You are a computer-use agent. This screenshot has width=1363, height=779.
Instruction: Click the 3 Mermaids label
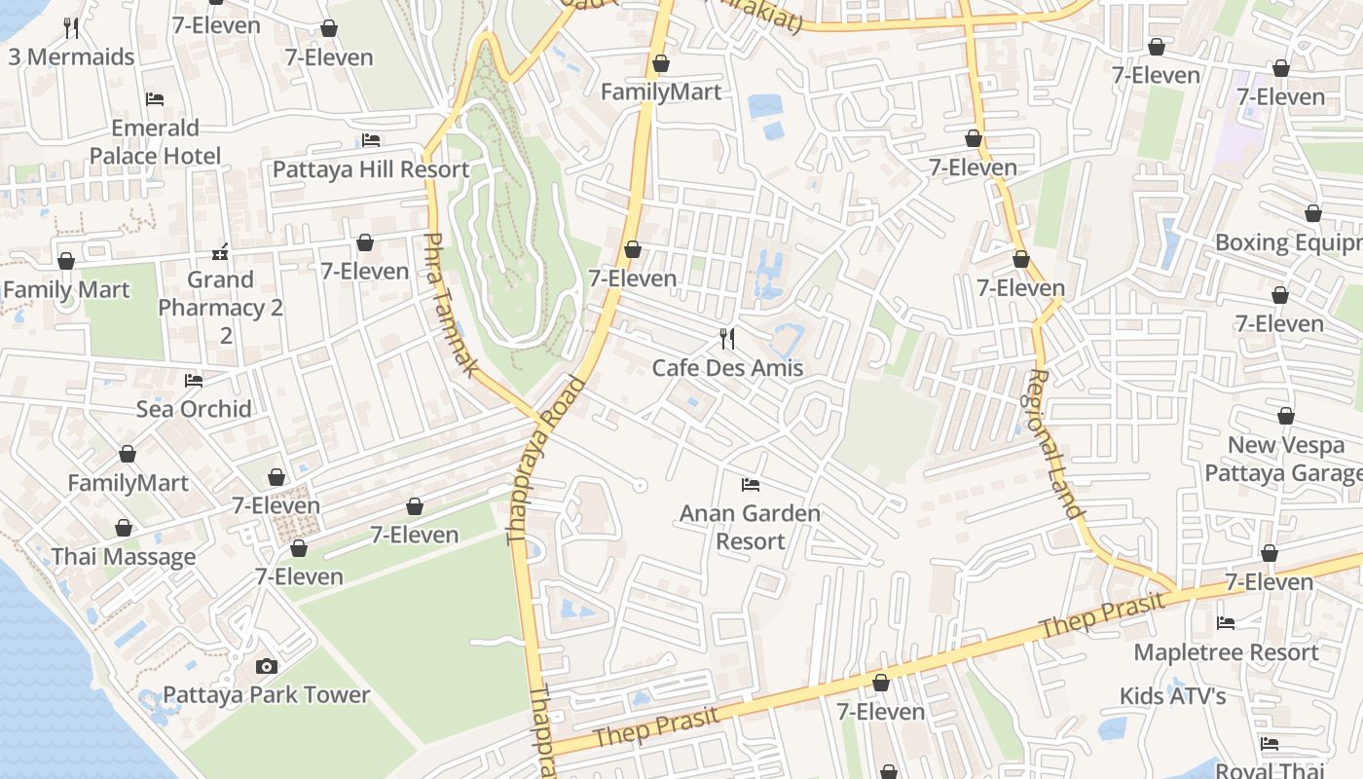(71, 57)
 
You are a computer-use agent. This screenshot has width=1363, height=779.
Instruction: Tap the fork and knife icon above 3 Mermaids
(71, 28)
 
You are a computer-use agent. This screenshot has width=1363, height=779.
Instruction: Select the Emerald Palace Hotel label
(155, 142)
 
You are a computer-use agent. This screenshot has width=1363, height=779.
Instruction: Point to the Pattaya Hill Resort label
(371, 169)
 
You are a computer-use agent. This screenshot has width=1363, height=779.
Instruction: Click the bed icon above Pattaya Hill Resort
(371, 140)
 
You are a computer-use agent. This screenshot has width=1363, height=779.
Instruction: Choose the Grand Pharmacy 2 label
(221, 294)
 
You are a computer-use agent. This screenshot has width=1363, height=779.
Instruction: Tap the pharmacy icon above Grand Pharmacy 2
(221, 252)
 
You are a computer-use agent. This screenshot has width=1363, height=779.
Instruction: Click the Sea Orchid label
(194, 409)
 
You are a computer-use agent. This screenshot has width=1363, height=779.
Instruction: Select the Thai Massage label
(124, 557)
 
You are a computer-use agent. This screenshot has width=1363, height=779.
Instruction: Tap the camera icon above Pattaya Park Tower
(266, 666)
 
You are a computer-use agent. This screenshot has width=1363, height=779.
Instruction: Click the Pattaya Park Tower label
(266, 695)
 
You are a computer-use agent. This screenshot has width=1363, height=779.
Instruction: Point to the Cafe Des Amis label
(727, 368)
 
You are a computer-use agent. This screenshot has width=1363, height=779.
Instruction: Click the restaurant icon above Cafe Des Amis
(727, 339)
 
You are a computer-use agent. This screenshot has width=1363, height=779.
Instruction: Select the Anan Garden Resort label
(750, 527)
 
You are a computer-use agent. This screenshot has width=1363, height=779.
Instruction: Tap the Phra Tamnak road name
(452, 305)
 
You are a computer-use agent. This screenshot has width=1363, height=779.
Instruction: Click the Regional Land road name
(1055, 443)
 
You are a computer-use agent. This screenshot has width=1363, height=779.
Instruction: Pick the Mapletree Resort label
(1226, 652)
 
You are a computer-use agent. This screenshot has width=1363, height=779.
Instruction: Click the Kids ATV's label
(1172, 696)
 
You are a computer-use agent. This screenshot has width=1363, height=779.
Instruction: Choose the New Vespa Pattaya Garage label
(1283, 460)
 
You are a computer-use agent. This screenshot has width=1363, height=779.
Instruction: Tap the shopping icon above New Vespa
(1285, 417)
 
